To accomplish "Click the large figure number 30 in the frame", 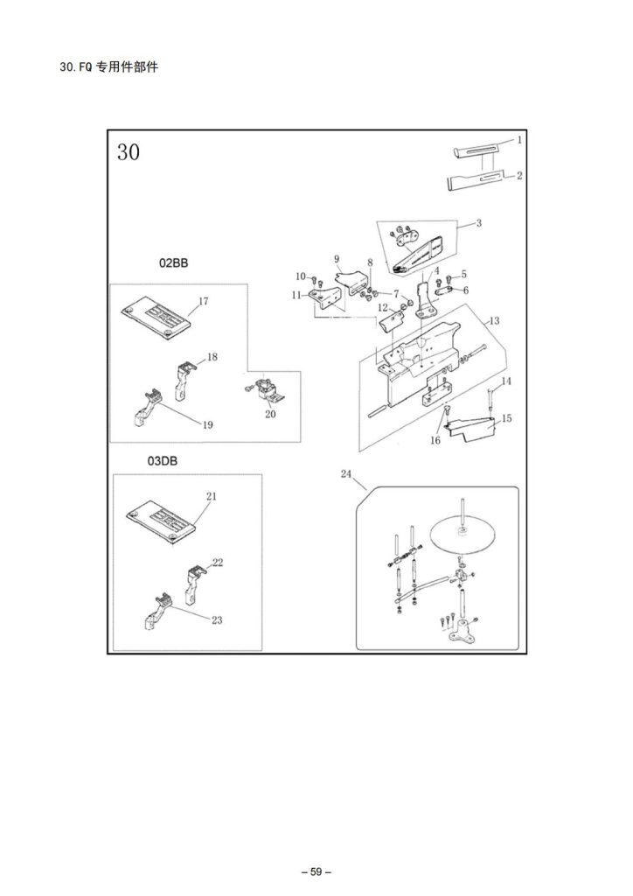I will click(x=128, y=152).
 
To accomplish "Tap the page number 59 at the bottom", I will click(x=316, y=871).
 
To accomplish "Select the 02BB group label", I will click(x=174, y=262).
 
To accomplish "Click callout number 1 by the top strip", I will click(x=519, y=140).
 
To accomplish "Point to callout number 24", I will click(x=346, y=474).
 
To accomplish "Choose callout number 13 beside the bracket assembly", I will click(x=494, y=321).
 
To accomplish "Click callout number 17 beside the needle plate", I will click(x=203, y=302).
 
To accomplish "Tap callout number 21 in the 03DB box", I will click(x=211, y=496).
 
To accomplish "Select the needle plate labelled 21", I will click(x=163, y=517).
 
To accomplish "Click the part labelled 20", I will click(x=261, y=391).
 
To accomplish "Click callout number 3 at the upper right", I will click(x=479, y=224).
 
